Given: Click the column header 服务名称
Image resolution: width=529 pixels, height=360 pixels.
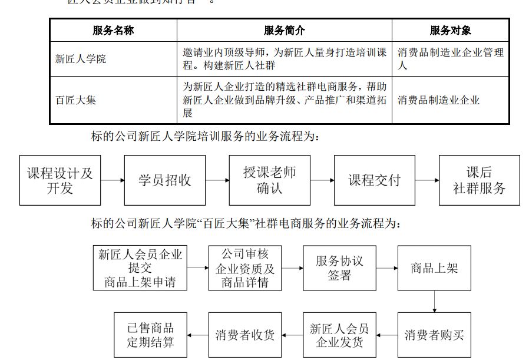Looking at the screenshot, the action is [113, 31].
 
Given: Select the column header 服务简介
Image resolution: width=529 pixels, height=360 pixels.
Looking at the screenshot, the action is [285, 31].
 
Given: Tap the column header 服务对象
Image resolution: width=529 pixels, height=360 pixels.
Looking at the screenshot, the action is [450, 31].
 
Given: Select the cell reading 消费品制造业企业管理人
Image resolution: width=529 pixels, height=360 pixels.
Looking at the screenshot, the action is [450, 59].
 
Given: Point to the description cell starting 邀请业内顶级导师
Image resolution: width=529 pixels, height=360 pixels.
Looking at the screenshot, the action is [285, 59].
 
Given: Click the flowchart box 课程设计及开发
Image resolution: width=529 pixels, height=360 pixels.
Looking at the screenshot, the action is [60, 180].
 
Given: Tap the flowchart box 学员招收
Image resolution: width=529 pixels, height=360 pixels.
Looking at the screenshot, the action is [165, 180].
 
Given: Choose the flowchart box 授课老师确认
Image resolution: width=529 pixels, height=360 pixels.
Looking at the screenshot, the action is [270, 180].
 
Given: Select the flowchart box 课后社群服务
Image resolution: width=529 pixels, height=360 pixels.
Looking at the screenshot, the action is [479, 180].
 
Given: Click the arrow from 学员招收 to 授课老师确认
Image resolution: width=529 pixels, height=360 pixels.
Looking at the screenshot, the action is [217, 180].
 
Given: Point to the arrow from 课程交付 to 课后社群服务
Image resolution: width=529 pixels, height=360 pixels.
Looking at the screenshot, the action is [426, 180].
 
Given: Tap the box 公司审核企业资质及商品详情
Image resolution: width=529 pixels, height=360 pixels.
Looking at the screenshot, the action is [245, 268].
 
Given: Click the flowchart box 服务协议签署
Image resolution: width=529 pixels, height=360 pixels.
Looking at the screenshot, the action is [339, 268].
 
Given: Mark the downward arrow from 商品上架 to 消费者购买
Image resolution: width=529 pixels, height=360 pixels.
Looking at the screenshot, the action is [434, 301].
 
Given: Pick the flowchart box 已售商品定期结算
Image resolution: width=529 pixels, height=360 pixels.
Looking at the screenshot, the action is [151, 335].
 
